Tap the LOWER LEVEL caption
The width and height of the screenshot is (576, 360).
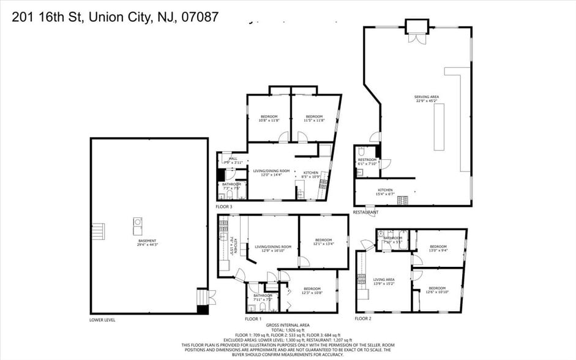pyautogui.click(x=102, y=320)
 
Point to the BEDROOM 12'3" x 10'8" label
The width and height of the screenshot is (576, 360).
pyautogui.click(x=312, y=290)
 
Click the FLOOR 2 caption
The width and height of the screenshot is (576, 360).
pyautogui.click(x=363, y=319)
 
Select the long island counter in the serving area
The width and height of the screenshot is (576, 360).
pyautogui.click(x=438, y=127)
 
